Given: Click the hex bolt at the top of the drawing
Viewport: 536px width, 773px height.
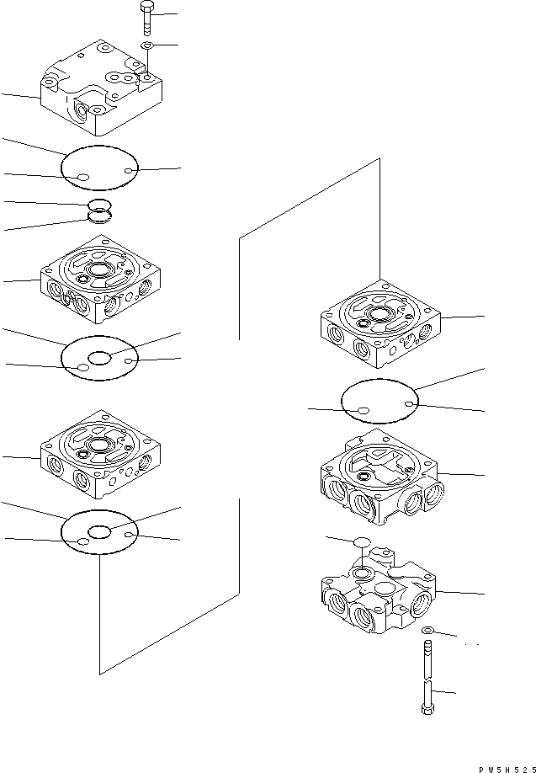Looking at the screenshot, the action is (146, 19).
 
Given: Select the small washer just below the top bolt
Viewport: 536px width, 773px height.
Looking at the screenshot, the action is (147, 45).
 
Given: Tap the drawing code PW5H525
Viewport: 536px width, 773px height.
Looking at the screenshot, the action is (507, 769).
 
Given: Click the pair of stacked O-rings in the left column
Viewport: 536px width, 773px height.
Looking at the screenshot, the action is (99, 211).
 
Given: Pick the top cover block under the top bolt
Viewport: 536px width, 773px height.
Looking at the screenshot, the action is (101, 88).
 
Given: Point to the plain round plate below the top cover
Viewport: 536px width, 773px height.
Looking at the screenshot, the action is (99, 168).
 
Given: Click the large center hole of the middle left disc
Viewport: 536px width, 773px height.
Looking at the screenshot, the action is (100, 359).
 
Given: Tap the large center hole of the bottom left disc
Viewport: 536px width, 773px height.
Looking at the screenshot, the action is (100, 532).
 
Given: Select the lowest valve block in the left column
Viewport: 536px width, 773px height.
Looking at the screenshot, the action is (100, 455).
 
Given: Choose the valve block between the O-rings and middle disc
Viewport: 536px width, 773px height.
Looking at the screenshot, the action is (100, 279).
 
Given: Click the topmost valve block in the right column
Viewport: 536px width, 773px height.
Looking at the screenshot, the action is (380, 324).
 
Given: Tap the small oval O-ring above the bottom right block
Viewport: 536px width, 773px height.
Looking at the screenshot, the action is (362, 541).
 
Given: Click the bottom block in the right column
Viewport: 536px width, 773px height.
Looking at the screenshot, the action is (379, 589).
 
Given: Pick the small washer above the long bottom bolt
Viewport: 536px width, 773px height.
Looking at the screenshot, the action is (427, 630).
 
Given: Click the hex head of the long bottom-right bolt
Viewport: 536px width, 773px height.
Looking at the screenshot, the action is (427, 710).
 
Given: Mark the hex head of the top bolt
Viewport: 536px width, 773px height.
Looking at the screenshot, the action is (146, 7).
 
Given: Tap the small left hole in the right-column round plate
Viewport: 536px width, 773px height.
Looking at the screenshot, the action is (364, 411).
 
